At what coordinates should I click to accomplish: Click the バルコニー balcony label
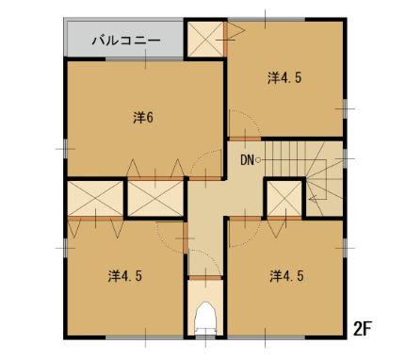click(126, 41)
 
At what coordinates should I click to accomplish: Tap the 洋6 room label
click(143, 118)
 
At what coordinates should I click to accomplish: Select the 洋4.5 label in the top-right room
click(284, 77)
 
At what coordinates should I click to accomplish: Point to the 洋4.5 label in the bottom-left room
click(125, 276)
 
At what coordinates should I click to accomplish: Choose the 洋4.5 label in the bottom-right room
click(286, 276)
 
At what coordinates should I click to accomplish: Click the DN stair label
click(247, 160)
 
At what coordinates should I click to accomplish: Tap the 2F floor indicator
click(363, 329)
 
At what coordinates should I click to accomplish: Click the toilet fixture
click(205, 318)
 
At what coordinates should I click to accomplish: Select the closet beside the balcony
click(205, 40)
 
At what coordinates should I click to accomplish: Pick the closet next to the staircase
click(284, 199)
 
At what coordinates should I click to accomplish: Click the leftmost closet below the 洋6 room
click(95, 199)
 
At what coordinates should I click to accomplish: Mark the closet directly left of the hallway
click(155, 199)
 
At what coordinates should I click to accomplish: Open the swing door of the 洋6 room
click(205, 165)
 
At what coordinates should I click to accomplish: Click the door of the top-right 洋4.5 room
click(245, 124)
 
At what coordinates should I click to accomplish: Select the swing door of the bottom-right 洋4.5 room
click(245, 233)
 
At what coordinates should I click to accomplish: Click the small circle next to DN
click(258, 160)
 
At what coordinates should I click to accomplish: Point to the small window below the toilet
click(205, 337)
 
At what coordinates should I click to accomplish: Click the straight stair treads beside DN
click(285, 158)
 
